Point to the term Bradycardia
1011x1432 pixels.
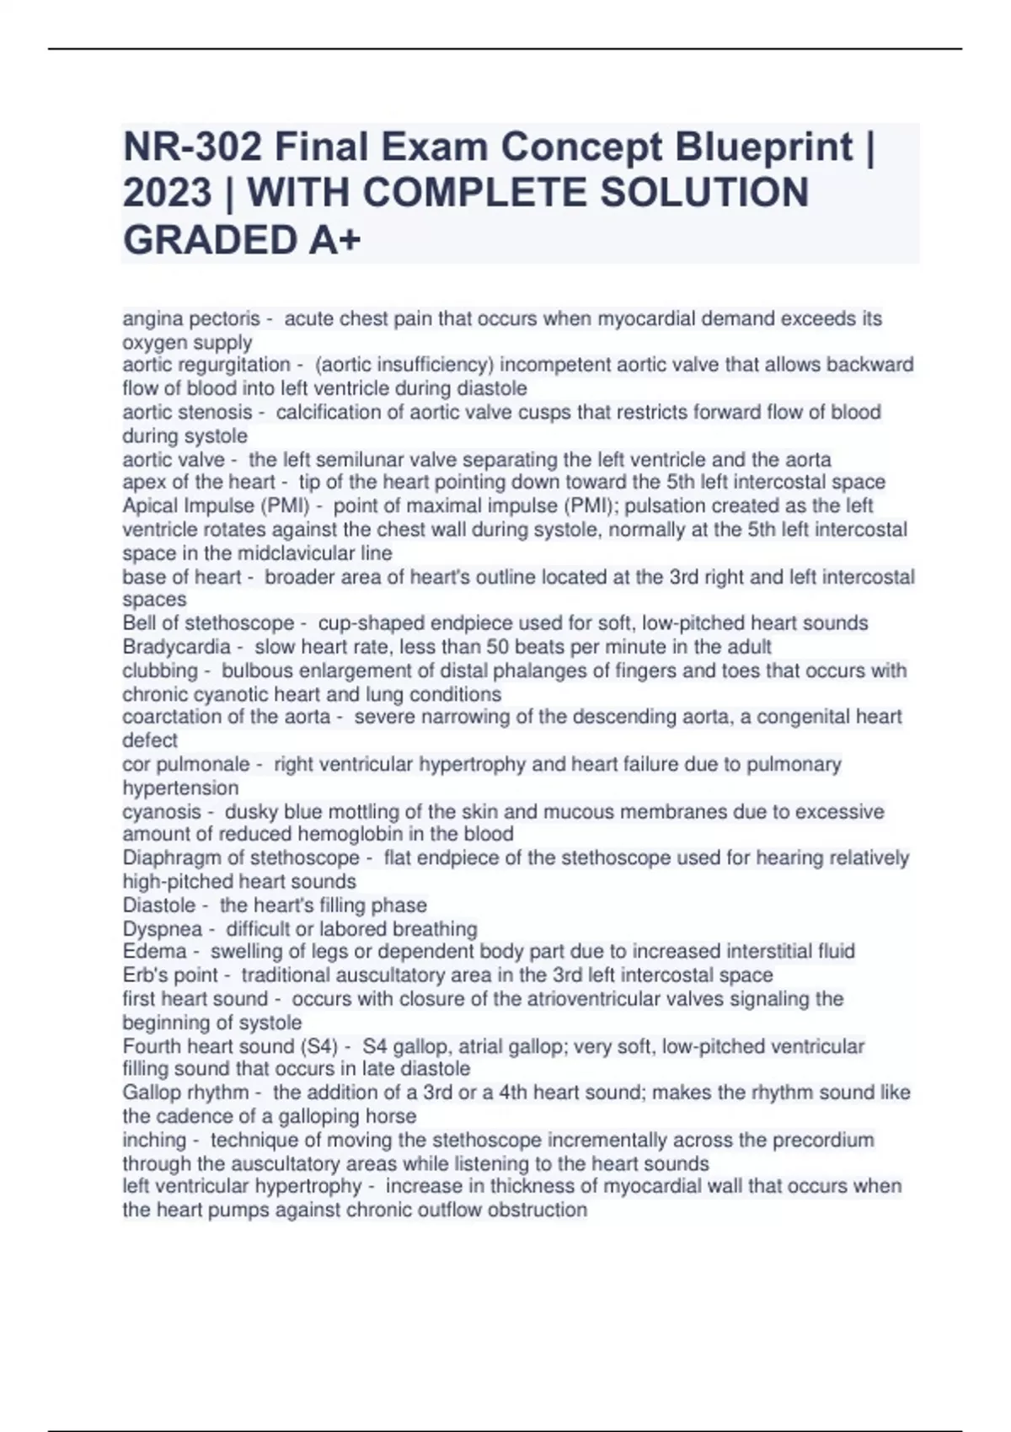tap(176, 647)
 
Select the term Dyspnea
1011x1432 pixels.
tap(163, 929)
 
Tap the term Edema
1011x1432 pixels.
tap(154, 952)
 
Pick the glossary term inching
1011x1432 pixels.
tap(154, 1141)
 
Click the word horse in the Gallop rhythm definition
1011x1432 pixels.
tap(391, 1117)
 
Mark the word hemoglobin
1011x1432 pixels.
tap(336, 835)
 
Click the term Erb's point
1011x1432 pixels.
tap(170, 975)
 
